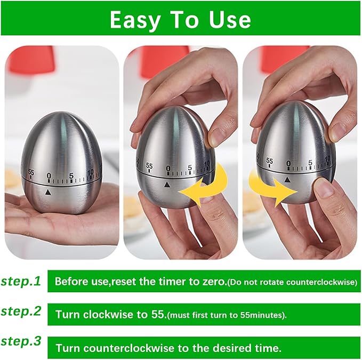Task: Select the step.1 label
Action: (x=21, y=282)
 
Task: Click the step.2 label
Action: (x=21, y=313)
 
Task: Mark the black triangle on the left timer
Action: (x=49, y=191)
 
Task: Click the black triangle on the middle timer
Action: (x=167, y=185)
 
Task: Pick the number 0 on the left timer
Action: (x=49, y=174)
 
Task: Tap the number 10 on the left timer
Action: (x=91, y=172)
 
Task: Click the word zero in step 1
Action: (x=212, y=281)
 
